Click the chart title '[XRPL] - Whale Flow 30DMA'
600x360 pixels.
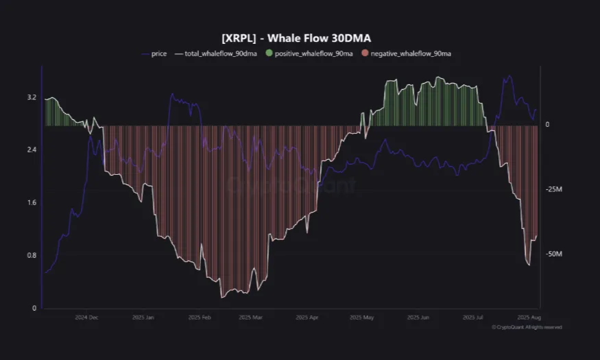tap(300, 38)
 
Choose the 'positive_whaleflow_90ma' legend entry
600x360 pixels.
tap(314, 53)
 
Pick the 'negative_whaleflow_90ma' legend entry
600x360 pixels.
tap(410, 53)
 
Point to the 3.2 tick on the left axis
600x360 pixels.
tap(32, 97)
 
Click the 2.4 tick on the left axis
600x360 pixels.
tap(32, 150)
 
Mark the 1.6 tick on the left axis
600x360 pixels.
tap(32, 203)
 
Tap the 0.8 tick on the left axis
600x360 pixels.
tap(32, 256)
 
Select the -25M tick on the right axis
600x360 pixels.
tap(553, 189)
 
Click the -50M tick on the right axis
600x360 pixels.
tap(553, 254)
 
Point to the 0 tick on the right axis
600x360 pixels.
tap(547, 125)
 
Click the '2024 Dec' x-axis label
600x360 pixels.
tap(87, 318)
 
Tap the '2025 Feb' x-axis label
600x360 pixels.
tap(200, 318)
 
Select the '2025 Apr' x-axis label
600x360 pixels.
tap(307, 318)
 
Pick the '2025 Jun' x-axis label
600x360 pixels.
tap(418, 318)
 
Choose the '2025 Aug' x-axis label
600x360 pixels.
tap(529, 318)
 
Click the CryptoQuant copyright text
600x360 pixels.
tap(527, 328)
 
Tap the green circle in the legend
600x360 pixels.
tap(269, 53)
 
